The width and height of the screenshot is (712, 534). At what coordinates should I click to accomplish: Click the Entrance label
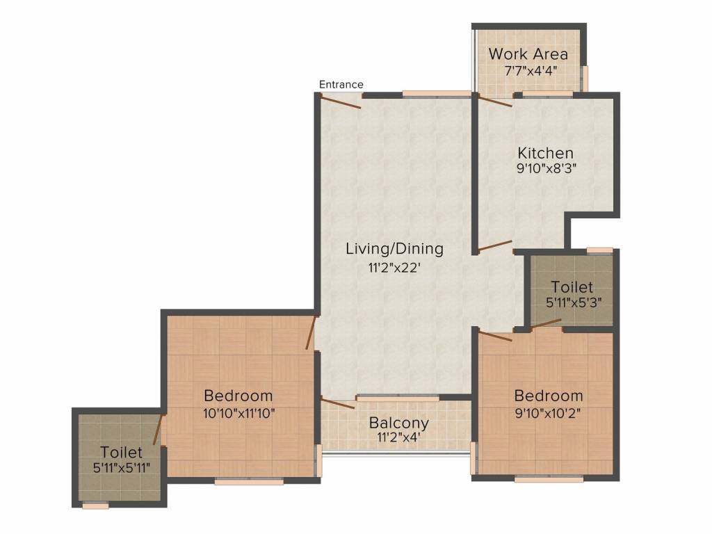pyautogui.click(x=341, y=84)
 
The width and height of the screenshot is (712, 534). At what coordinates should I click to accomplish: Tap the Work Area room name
pyautogui.click(x=528, y=54)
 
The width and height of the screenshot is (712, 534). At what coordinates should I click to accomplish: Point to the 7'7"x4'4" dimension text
pyautogui.click(x=531, y=71)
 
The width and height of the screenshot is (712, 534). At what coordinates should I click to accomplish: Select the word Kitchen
pyautogui.click(x=545, y=152)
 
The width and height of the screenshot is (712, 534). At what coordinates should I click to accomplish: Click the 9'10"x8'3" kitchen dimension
pyautogui.click(x=547, y=169)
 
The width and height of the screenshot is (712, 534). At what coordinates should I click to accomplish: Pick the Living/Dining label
pyautogui.click(x=395, y=249)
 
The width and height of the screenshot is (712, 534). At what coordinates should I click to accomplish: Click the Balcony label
pyautogui.click(x=398, y=423)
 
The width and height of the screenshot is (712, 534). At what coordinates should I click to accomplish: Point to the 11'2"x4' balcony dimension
pyautogui.click(x=398, y=437)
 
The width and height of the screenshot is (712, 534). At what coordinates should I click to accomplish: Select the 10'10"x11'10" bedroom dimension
pyautogui.click(x=239, y=413)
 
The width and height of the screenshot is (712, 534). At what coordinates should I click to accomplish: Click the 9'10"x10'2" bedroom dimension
pyautogui.click(x=548, y=413)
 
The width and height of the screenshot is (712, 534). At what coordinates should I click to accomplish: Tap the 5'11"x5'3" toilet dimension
pyautogui.click(x=574, y=302)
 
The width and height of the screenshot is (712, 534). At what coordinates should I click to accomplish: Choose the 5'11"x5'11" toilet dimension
pyautogui.click(x=121, y=468)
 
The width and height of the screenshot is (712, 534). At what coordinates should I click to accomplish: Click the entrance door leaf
pyautogui.click(x=341, y=102)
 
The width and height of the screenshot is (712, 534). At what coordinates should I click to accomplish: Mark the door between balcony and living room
pyautogui.click(x=338, y=403)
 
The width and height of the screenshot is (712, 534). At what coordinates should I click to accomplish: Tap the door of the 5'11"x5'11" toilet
pyautogui.click(x=158, y=429)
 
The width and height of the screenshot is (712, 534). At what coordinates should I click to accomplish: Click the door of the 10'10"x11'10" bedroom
pyautogui.click(x=311, y=333)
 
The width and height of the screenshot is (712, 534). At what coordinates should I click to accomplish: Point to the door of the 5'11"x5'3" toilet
pyautogui.click(x=546, y=323)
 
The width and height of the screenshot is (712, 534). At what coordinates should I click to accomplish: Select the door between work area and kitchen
pyautogui.click(x=495, y=100)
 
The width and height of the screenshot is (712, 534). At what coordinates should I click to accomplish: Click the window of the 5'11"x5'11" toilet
pyautogui.click(x=95, y=505)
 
